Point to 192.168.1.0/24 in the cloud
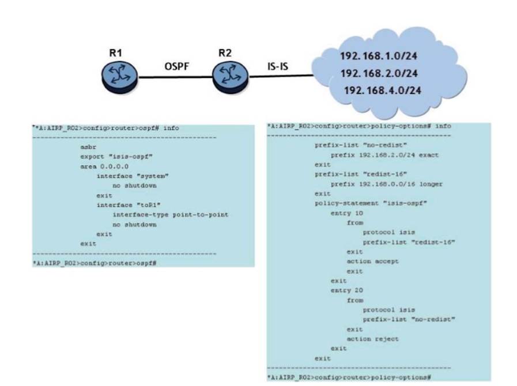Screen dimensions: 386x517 pyautogui.click(x=379, y=58)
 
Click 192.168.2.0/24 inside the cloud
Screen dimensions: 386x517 pyautogui.click(x=379, y=74)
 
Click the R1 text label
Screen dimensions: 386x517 pyautogui.click(x=116, y=52)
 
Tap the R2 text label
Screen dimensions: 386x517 pyautogui.click(x=226, y=52)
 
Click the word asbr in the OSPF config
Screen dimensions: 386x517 pyautogui.click(x=88, y=147)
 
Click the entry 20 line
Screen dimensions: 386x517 pyautogui.click(x=345, y=290)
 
